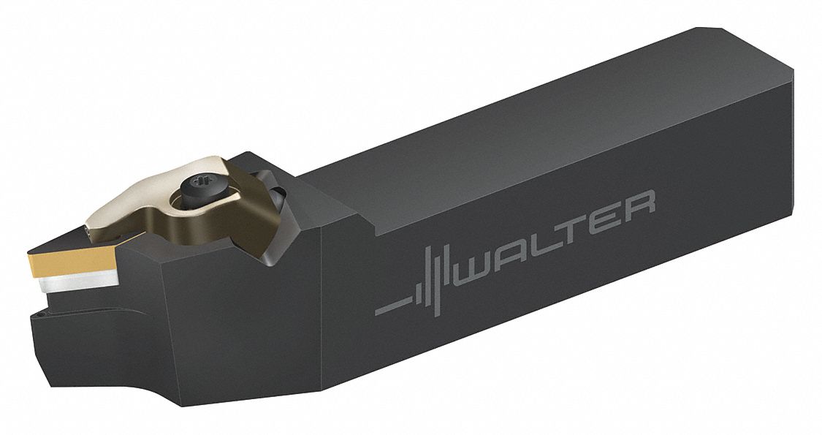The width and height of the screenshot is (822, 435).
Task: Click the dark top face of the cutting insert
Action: coord(80,238)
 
